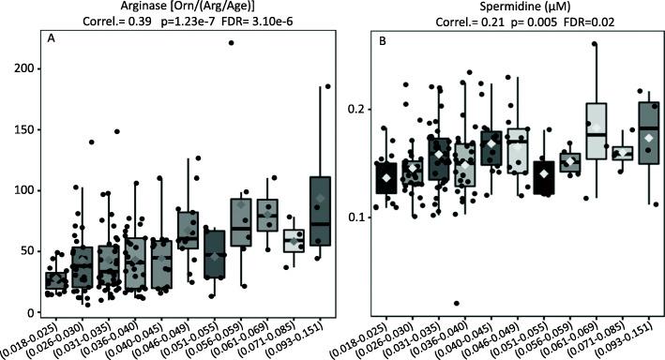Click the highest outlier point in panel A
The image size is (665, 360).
pos(231,43)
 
